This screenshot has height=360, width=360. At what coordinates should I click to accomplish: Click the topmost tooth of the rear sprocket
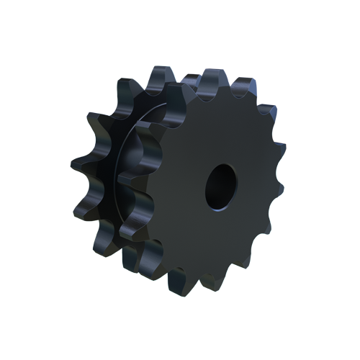tap(160, 78)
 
